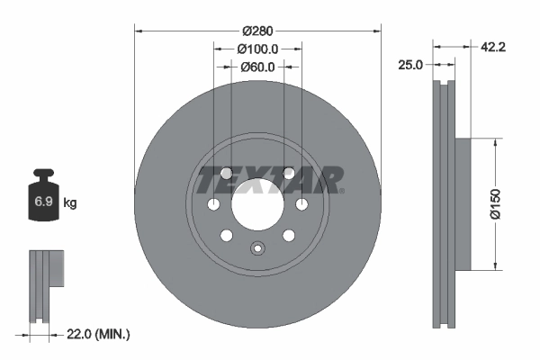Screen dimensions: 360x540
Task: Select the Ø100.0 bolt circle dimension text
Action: [x=257, y=49]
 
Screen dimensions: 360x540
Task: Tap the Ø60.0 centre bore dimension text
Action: [x=258, y=67]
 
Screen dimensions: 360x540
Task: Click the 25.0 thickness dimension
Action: [x=411, y=64]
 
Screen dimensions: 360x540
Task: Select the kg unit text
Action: [x=70, y=203]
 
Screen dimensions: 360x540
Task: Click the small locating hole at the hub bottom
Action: [x=257, y=250]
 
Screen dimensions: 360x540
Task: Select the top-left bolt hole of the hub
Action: [x=226, y=173]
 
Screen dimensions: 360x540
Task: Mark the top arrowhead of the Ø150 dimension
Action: [x=494, y=142]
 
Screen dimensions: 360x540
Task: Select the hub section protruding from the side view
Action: [x=463, y=203]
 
